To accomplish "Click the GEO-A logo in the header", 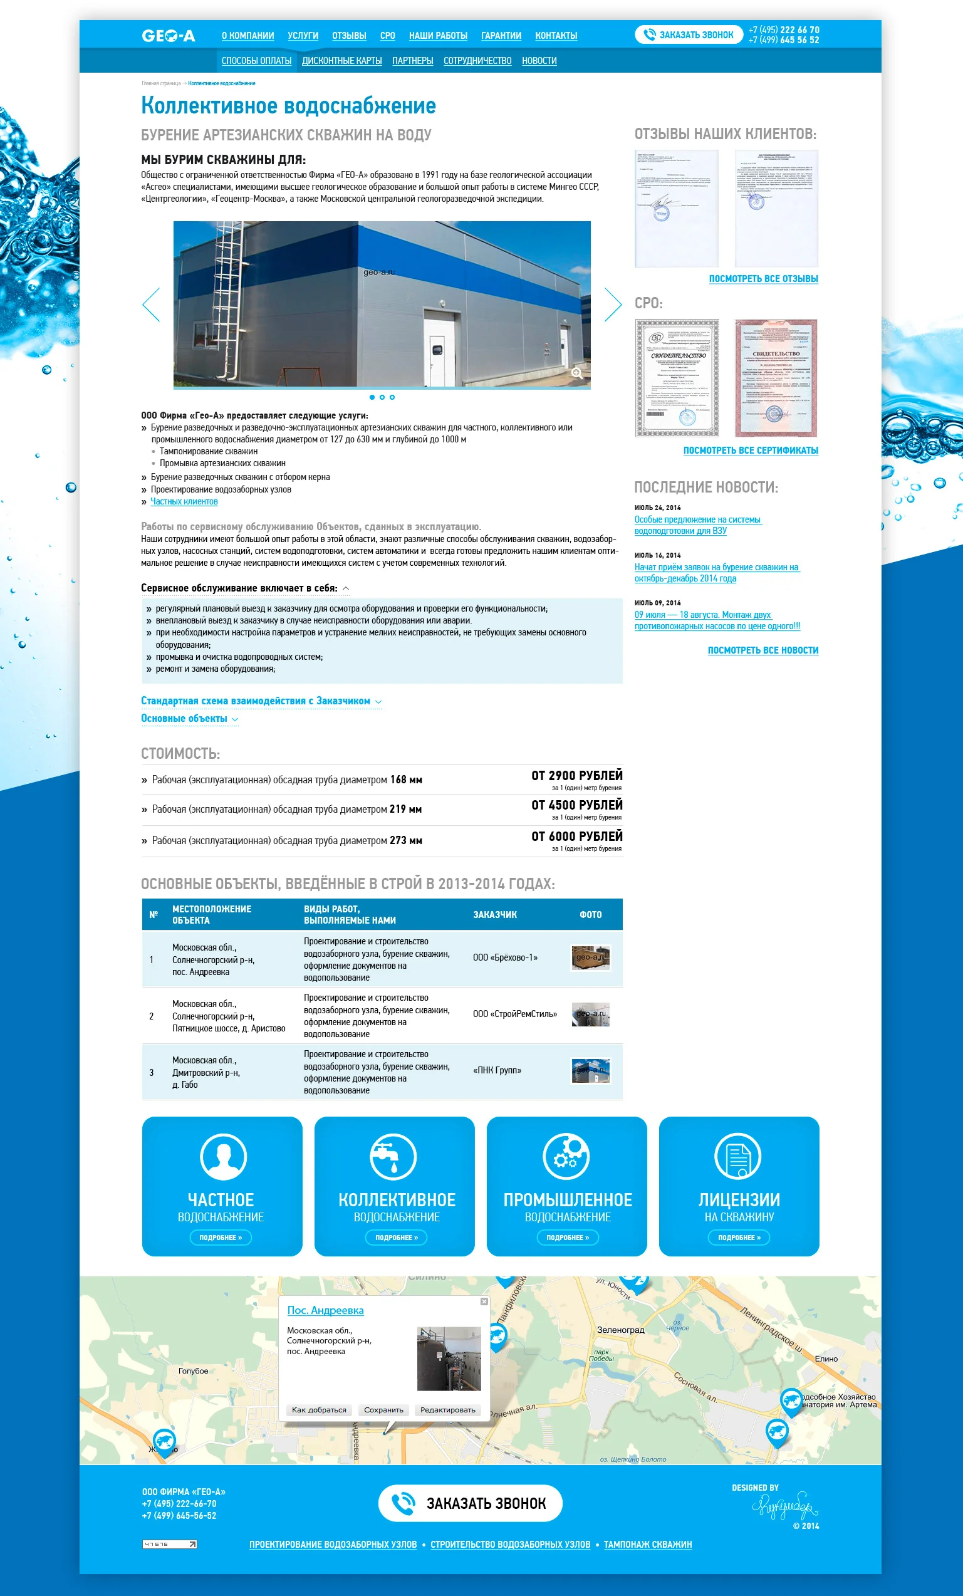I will (169, 36).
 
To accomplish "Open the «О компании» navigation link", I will (247, 36).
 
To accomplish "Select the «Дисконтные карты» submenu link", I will (341, 61).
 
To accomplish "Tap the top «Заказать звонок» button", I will (689, 35).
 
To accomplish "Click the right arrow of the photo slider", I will (612, 305).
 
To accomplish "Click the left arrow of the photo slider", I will (151, 305).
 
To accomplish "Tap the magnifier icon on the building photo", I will (576, 372).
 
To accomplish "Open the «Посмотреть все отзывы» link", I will (763, 278).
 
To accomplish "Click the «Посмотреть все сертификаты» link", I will (751, 450).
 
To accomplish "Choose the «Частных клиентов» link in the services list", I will (184, 501).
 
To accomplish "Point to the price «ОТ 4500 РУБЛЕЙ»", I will (576, 805).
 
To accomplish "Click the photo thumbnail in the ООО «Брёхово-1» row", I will (590, 957).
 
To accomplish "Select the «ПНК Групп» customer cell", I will (497, 1070).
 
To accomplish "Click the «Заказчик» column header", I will (495, 915).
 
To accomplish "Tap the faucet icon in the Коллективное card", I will (393, 1156).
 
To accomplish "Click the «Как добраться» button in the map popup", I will (319, 1409).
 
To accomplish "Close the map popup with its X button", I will (484, 1301).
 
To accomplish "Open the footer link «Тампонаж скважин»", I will (648, 1544).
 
